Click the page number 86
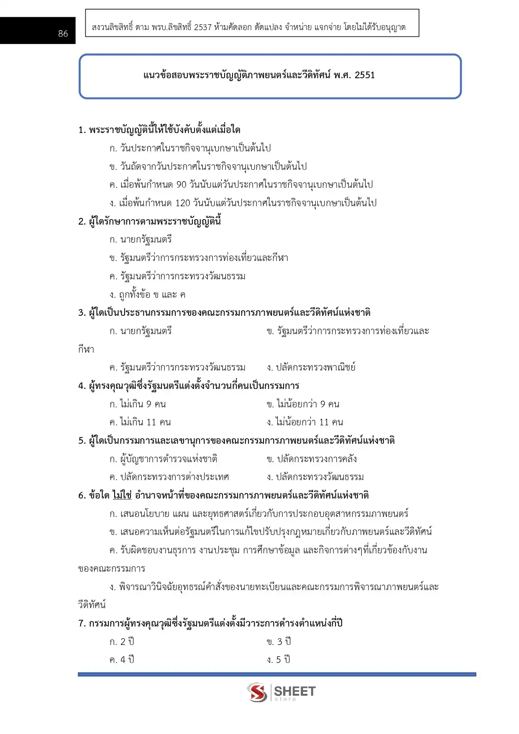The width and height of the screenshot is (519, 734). pyautogui.click(x=63, y=34)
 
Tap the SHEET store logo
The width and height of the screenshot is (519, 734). pyautogui.click(x=281, y=693)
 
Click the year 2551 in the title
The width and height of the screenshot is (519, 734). pyautogui.click(x=365, y=75)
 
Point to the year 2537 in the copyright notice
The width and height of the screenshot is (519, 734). pyautogui.click(x=202, y=28)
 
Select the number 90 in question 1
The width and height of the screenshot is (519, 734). pyautogui.click(x=181, y=184)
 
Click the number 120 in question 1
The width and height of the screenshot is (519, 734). pyautogui.click(x=183, y=203)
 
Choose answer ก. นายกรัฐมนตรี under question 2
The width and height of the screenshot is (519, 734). pyautogui.click(x=141, y=240)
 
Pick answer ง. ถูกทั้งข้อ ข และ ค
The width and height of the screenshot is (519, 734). pyautogui.click(x=147, y=294)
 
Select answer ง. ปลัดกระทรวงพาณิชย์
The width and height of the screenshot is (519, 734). pyautogui.click(x=311, y=367)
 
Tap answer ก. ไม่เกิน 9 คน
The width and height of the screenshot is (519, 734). pyautogui.click(x=138, y=404)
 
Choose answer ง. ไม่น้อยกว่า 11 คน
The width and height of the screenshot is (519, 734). pyautogui.click(x=305, y=422)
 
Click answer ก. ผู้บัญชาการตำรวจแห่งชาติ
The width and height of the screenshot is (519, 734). pyautogui.click(x=163, y=459)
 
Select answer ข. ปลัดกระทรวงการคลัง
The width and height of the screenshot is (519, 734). pyautogui.click(x=312, y=459)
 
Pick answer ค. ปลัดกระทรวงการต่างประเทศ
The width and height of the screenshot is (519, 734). pyautogui.click(x=169, y=477)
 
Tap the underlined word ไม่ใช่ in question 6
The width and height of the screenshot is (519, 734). pyautogui.click(x=122, y=495)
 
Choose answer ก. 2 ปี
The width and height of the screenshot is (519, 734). pyautogui.click(x=122, y=642)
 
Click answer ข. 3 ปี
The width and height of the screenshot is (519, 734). pyautogui.click(x=279, y=642)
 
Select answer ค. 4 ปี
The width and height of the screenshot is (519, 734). pyautogui.click(x=122, y=660)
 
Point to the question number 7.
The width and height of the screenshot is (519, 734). pyautogui.click(x=82, y=624)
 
